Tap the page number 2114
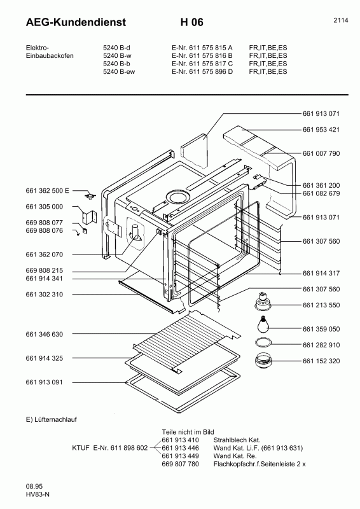[x=340, y=20]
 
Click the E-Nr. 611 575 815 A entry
[x=202, y=47]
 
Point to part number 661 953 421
[x=321, y=130]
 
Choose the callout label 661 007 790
[x=321, y=153]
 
